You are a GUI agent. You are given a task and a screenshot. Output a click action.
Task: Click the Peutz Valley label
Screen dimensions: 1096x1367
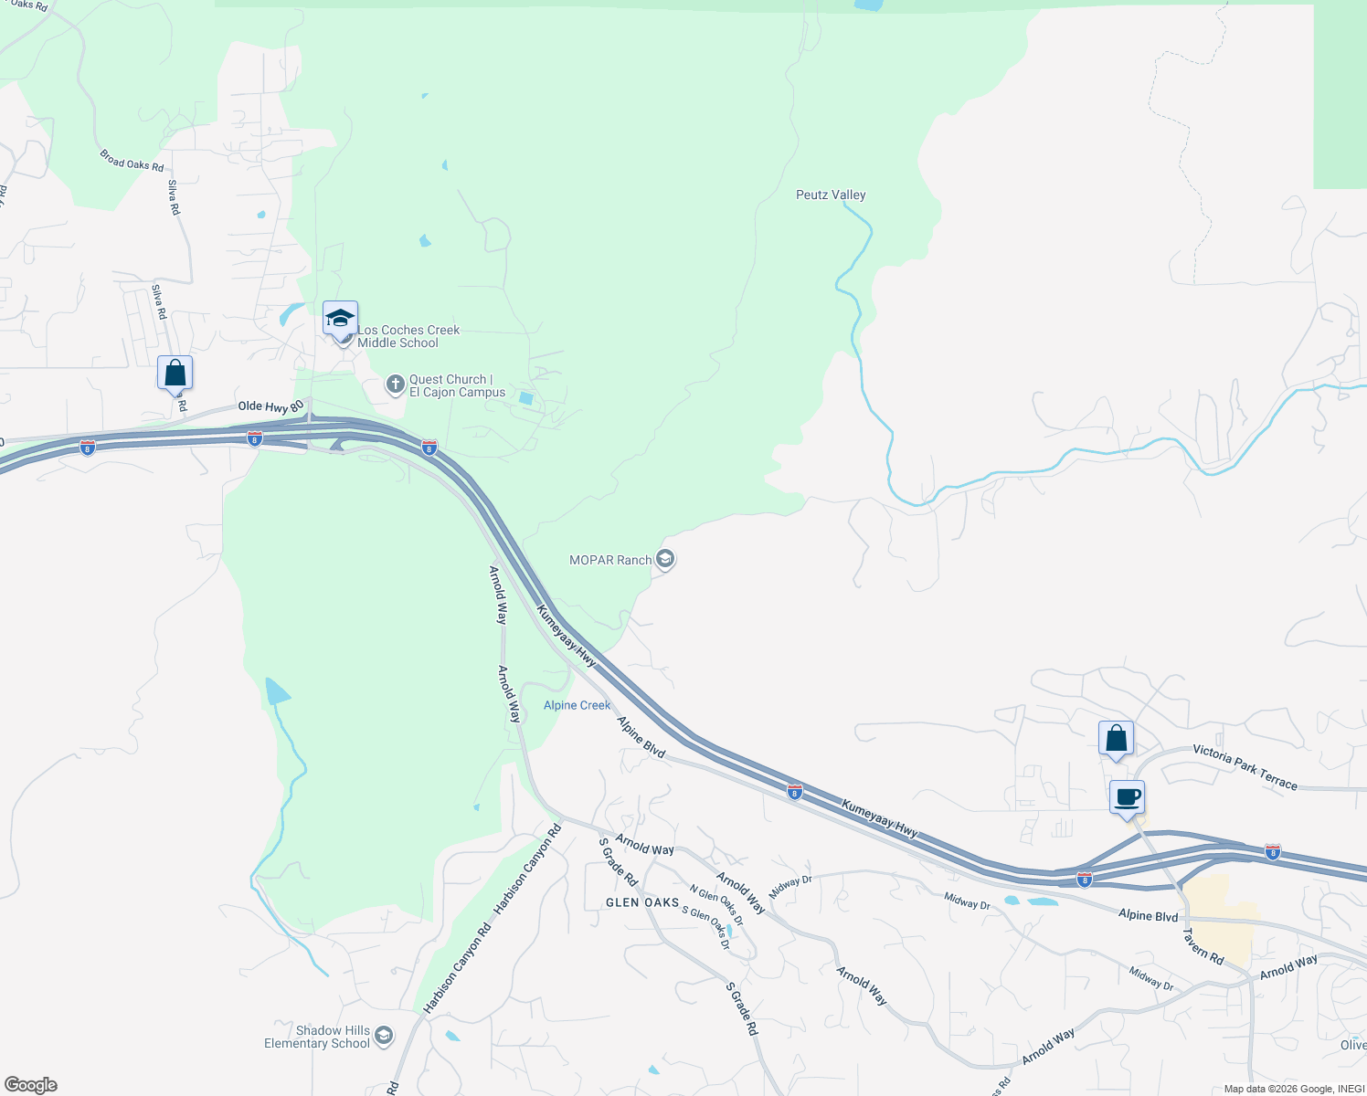point(830,195)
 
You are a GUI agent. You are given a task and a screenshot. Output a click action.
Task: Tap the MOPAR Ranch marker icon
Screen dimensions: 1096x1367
point(665,559)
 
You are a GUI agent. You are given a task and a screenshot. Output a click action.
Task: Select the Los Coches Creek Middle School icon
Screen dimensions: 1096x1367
point(340,320)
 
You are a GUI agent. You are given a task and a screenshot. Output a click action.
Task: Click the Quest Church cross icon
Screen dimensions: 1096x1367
point(396,385)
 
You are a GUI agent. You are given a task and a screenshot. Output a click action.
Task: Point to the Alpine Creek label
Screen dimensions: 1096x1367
point(577,705)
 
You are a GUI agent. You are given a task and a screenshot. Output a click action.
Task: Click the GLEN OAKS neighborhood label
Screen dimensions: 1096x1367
point(642,902)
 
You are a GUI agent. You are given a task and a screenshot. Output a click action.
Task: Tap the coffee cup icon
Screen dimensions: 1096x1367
point(1128,796)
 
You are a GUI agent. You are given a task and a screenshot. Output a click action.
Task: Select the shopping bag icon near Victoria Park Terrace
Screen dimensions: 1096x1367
point(1116,737)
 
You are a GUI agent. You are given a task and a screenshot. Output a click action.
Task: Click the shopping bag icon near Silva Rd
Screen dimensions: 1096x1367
point(175,373)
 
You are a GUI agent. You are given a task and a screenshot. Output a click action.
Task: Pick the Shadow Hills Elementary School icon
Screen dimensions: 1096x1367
point(384,1036)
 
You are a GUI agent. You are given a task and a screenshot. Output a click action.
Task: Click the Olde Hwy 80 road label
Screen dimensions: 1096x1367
point(270,406)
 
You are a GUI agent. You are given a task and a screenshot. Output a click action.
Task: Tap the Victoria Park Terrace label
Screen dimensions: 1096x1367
point(1245,767)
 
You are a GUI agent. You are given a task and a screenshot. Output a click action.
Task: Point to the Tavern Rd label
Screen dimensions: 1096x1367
point(1203,946)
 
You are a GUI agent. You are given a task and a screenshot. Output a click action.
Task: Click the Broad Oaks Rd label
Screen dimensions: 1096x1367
point(132,161)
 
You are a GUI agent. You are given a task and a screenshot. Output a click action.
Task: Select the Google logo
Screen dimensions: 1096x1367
point(30,1084)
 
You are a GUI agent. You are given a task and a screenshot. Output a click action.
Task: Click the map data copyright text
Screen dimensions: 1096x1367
point(1294,1089)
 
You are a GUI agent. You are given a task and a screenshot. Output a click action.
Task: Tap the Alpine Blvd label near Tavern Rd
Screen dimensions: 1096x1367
point(1148,915)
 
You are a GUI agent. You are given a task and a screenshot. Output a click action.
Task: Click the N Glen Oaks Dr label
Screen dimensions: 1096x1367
point(716,905)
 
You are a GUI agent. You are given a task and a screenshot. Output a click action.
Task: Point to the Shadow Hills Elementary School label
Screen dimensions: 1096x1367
point(317,1037)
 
